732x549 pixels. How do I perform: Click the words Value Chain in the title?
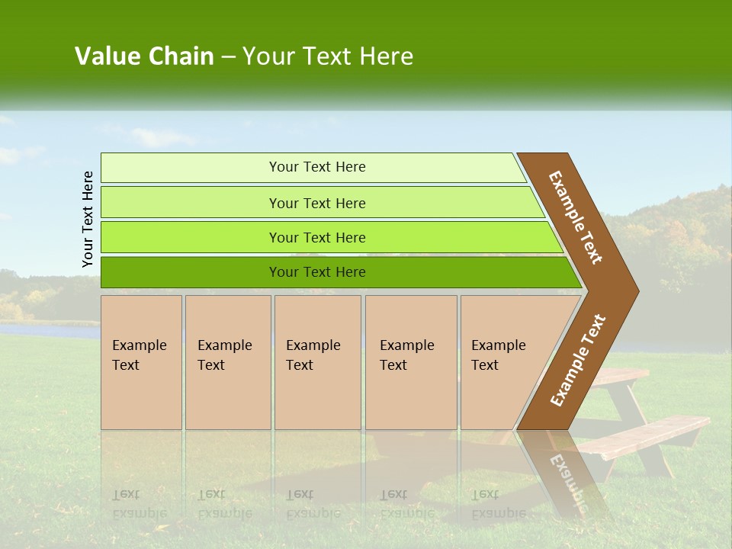(x=144, y=56)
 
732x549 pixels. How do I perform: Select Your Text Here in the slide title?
(x=328, y=56)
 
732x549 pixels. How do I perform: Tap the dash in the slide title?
(x=228, y=57)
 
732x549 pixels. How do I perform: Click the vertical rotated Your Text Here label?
(x=88, y=219)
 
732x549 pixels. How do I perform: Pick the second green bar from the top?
(x=317, y=203)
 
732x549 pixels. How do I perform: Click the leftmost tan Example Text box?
(x=141, y=362)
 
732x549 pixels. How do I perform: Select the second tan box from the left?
(x=228, y=362)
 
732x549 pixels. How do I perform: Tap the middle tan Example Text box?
(x=317, y=362)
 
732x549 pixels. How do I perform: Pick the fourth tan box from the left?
(x=411, y=362)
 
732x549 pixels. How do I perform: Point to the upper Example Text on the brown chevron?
(x=576, y=217)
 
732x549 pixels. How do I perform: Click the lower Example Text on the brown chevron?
(x=577, y=361)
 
